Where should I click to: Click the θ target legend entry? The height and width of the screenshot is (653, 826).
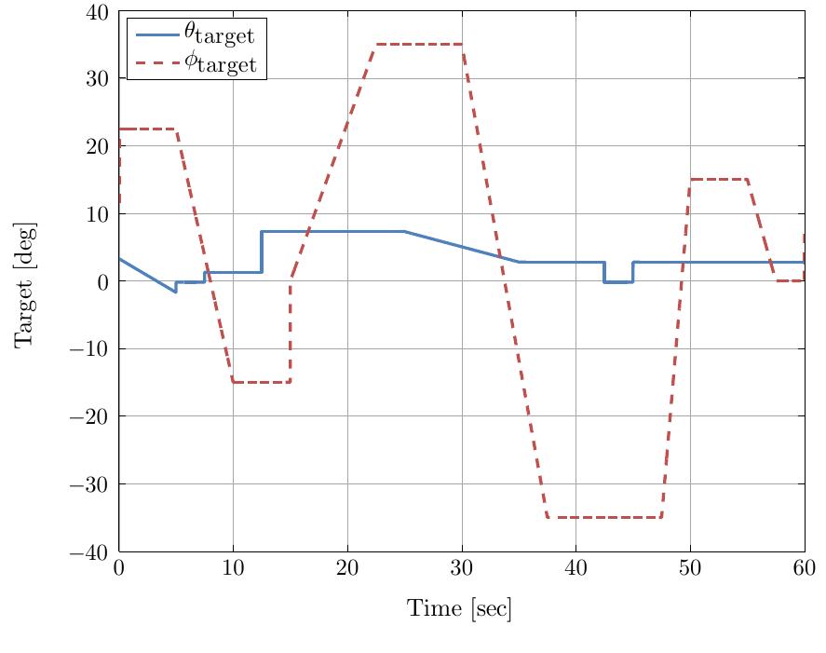point(196,34)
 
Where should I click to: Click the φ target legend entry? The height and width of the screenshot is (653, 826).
point(196,64)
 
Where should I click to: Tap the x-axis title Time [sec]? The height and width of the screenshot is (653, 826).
point(459,609)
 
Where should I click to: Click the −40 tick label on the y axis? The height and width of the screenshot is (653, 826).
point(91,551)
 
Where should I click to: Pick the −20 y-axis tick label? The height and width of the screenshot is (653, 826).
point(91,416)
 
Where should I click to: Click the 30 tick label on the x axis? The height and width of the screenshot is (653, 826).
point(462,569)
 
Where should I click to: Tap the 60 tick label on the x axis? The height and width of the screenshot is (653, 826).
point(804,569)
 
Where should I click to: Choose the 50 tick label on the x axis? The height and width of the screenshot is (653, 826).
point(690,569)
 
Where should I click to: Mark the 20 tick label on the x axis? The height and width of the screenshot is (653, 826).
point(347,569)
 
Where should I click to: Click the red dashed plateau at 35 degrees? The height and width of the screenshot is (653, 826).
point(419,44)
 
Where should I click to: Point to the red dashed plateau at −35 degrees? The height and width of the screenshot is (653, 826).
point(604,517)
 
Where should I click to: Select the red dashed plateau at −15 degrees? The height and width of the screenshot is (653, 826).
point(262,382)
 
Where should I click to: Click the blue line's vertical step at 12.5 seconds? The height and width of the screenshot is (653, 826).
point(262,252)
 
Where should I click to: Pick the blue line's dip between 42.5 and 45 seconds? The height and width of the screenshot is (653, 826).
point(618,281)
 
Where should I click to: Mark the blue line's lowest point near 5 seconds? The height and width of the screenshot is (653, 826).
point(175,292)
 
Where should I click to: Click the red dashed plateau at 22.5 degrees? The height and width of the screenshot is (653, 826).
point(148,129)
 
